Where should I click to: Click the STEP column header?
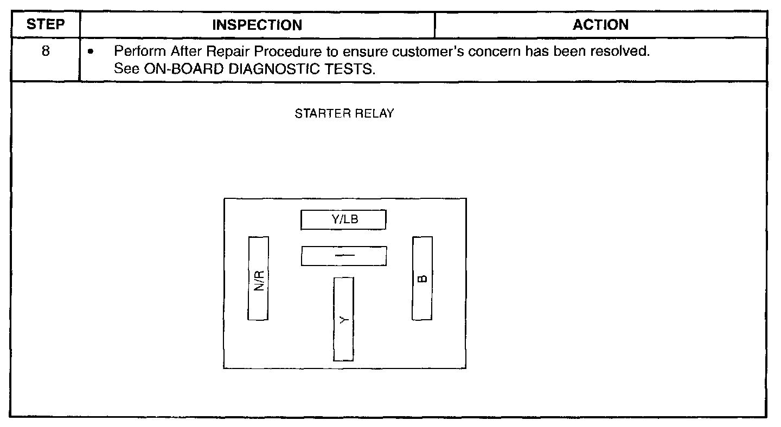click(x=46, y=25)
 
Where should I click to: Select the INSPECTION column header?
click(x=257, y=25)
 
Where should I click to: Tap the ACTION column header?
click(x=601, y=25)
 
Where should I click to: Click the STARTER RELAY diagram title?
click(x=344, y=114)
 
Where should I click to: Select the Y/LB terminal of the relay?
click(x=344, y=220)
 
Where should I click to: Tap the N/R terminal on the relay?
click(x=259, y=279)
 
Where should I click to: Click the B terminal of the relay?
click(x=422, y=279)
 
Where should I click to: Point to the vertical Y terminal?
click(x=343, y=319)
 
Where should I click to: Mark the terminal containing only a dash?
click(x=344, y=256)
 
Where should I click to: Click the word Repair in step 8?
click(x=204, y=53)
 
